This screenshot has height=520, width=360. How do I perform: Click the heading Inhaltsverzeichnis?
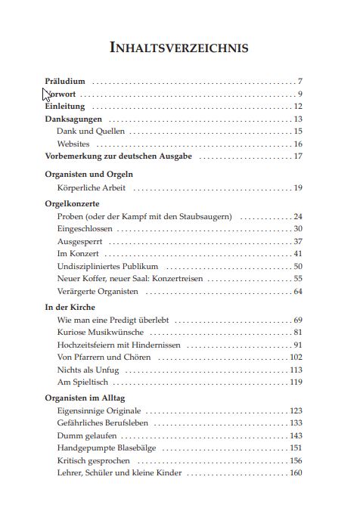pyautogui.click(x=179, y=48)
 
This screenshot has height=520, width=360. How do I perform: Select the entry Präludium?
pyautogui.click(x=65, y=81)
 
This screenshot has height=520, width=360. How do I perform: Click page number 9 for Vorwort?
pyautogui.click(x=299, y=94)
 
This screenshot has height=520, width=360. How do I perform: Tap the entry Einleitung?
pyautogui.click(x=64, y=107)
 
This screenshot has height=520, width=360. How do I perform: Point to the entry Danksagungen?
pyautogui.click(x=73, y=119)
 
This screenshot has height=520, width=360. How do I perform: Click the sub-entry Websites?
pyautogui.click(x=73, y=144)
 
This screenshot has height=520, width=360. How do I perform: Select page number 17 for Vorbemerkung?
pyautogui.click(x=298, y=156)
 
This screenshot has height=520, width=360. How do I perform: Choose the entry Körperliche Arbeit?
pyautogui.click(x=92, y=187)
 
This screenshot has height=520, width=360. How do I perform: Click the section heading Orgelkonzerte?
pyautogui.click(x=73, y=204)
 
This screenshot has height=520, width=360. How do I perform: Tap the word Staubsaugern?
pyautogui.click(x=205, y=217)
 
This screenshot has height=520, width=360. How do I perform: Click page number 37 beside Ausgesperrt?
pyautogui.click(x=297, y=241)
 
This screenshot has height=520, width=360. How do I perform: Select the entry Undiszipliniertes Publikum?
pyautogui.click(x=107, y=266)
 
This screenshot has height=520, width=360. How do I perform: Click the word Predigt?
pyautogui.click(x=125, y=320)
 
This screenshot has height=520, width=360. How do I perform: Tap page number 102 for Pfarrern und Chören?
pyautogui.click(x=296, y=357)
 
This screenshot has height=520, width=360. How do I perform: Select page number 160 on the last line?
pyautogui.click(x=296, y=472)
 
